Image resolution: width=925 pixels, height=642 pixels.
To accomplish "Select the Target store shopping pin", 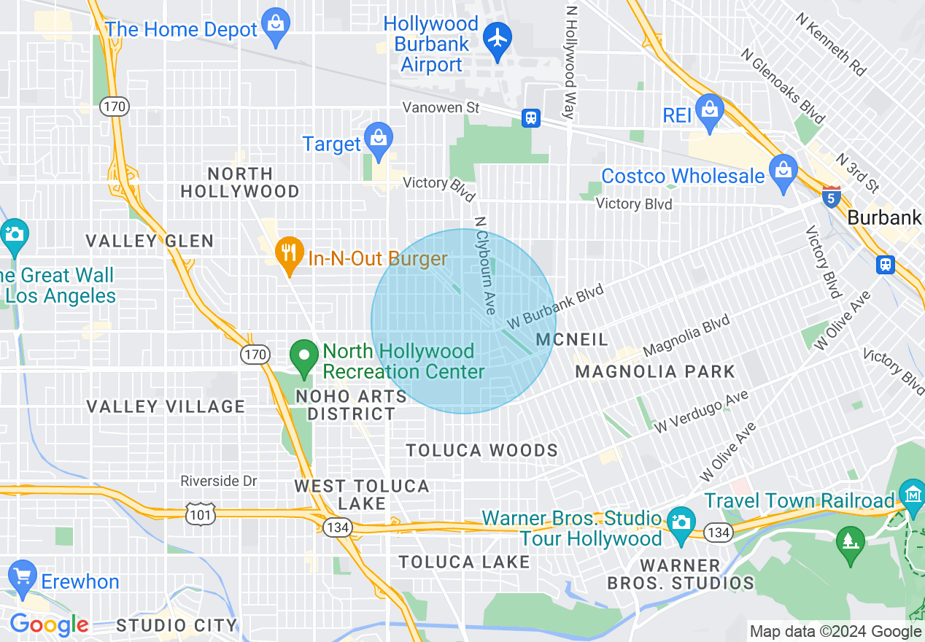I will click(x=379, y=139).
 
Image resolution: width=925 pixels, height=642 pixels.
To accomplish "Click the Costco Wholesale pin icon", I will click(x=783, y=172).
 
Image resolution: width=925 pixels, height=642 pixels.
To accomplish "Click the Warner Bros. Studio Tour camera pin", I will click(x=681, y=524).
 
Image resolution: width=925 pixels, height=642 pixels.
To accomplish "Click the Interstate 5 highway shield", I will click(x=831, y=196).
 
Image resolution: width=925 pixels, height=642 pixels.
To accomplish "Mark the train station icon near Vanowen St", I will click(x=530, y=117).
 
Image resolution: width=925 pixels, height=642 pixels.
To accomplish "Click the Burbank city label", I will click(x=884, y=217).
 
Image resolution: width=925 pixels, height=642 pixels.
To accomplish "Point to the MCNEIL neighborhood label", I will click(x=572, y=339).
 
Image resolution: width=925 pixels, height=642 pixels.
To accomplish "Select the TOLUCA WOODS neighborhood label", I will click(x=481, y=451).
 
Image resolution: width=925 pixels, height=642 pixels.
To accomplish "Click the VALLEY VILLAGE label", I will click(x=166, y=406).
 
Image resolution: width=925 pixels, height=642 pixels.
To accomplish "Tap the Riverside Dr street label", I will click(x=219, y=481).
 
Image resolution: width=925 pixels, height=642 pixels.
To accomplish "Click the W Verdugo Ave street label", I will click(x=701, y=412).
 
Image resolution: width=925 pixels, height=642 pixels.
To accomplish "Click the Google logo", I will click(x=49, y=624).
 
